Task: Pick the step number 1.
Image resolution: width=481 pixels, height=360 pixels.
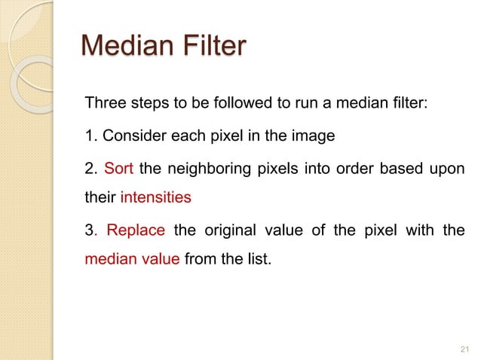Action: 89,136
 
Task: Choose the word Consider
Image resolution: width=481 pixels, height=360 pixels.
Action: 130,136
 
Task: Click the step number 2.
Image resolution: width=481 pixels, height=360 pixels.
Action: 90,168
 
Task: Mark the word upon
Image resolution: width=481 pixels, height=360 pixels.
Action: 449,168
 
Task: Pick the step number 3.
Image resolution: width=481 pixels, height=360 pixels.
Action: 90,230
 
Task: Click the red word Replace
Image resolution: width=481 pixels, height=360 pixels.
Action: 135,230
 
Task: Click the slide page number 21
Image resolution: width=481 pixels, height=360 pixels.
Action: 463,348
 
